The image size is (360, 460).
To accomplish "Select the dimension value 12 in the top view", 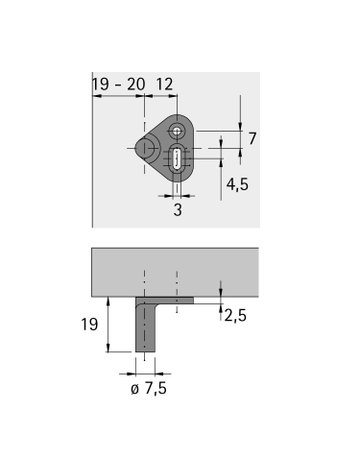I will coord(166,87).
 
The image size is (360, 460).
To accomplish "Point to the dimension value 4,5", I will coord(237,184).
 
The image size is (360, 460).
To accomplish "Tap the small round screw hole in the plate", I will coord(177,131).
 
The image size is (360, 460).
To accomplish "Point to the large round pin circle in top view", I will coord(146,150).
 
